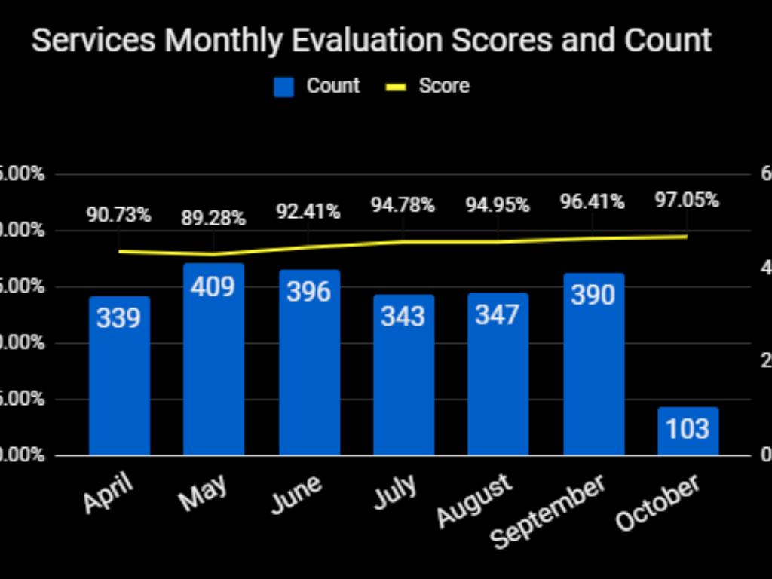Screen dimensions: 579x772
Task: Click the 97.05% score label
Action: (x=686, y=201)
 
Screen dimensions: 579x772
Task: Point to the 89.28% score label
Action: (x=213, y=219)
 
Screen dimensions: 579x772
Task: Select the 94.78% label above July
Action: (x=403, y=204)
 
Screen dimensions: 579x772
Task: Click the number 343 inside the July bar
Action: (x=403, y=317)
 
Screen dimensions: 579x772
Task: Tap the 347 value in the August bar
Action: (x=498, y=314)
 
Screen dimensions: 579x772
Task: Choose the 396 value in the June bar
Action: (x=308, y=291)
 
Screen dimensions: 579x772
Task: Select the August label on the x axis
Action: (x=475, y=500)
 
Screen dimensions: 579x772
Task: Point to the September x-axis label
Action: (x=548, y=511)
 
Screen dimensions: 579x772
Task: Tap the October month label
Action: (x=657, y=503)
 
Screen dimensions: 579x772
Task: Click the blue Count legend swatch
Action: (x=283, y=87)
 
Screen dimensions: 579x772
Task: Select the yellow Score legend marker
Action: (x=396, y=87)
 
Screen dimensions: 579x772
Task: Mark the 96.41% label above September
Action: (x=592, y=202)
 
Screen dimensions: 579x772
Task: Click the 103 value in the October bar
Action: (x=688, y=429)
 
